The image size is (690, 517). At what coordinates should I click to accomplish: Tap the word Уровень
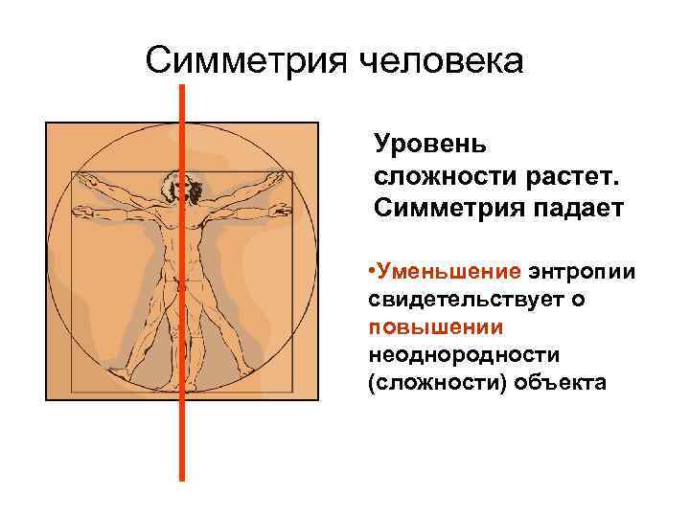pyautogui.click(x=430, y=145)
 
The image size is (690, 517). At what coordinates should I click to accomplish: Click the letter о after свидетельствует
pyautogui.click(x=577, y=300)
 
